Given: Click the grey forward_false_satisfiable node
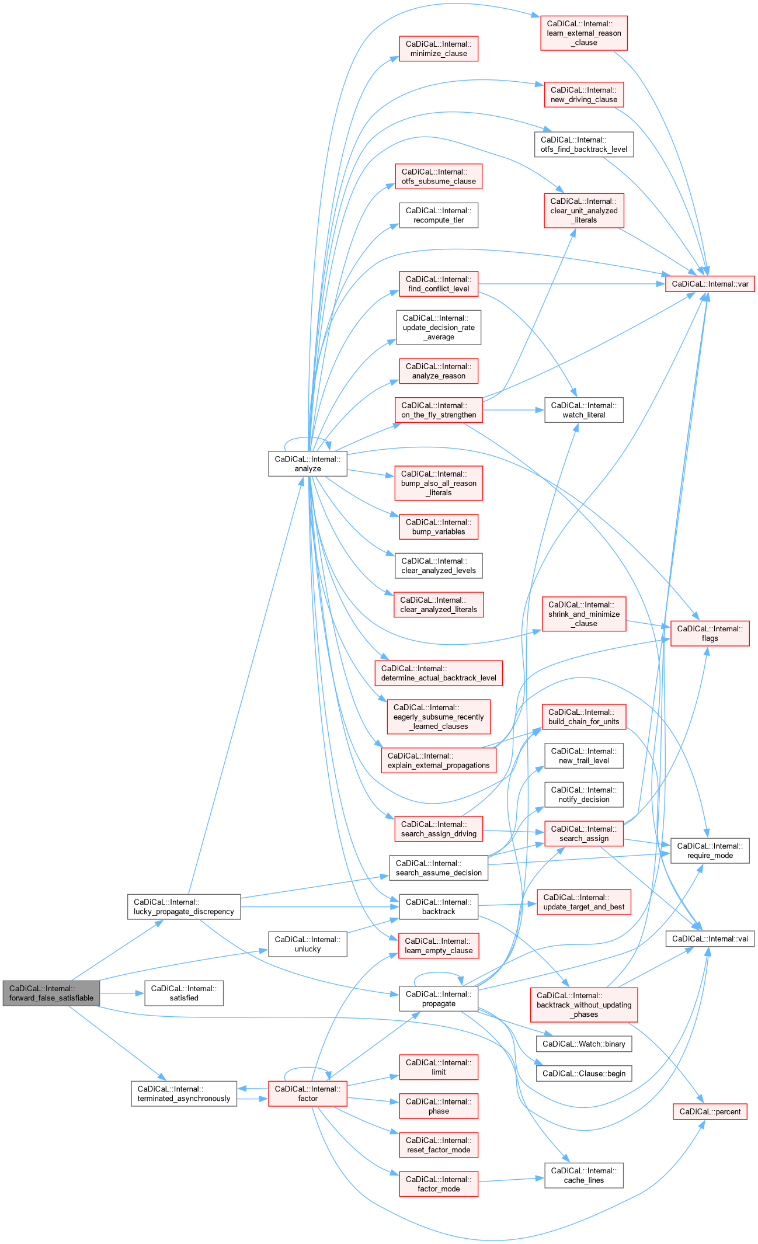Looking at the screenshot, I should click(x=51, y=993).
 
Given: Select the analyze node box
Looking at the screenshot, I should click(x=308, y=464).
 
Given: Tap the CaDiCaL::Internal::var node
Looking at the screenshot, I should click(x=710, y=284).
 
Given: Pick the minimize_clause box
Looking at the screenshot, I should click(x=439, y=48).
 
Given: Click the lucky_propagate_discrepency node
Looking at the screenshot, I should click(x=184, y=906).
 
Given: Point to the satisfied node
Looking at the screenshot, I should click(x=184, y=993).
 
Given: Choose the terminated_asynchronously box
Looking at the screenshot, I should click(x=184, y=1093).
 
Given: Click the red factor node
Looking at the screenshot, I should click(x=308, y=1093).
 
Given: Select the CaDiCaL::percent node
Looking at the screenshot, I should click(x=710, y=1111).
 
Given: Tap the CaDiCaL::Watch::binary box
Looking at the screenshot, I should click(x=583, y=1044).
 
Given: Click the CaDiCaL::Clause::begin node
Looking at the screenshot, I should click(x=583, y=1073).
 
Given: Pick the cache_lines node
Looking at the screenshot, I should click(x=583, y=1175).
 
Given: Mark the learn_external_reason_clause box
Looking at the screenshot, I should click(x=583, y=33).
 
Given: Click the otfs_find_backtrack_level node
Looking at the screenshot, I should click(x=583, y=144).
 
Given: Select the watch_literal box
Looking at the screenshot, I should click(x=583, y=410).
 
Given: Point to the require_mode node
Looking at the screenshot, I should click(x=710, y=850).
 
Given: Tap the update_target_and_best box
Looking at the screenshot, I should click(x=583, y=902).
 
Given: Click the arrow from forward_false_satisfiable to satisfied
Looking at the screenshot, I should click(x=122, y=993).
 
